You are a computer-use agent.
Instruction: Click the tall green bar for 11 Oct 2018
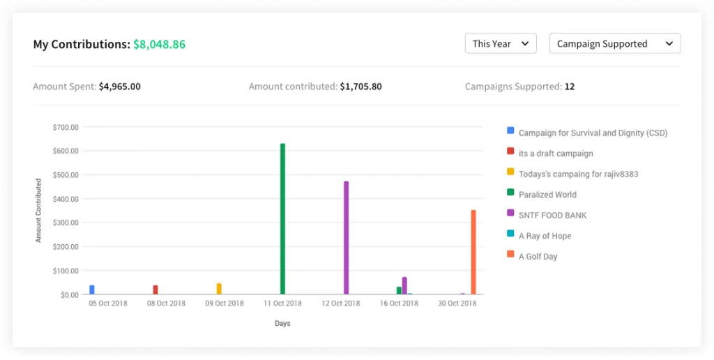(282, 219)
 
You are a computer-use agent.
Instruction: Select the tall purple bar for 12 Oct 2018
(346, 238)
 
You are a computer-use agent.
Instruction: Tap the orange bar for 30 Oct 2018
(473, 253)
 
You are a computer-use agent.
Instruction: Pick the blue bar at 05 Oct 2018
(92, 290)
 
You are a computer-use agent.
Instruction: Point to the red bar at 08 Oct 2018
(155, 290)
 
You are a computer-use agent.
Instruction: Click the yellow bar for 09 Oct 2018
(219, 289)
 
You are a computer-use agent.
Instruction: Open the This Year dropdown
(501, 43)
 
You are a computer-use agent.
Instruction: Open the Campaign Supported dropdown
(614, 43)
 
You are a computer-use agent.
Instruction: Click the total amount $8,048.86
(159, 44)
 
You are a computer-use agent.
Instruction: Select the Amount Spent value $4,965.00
(119, 87)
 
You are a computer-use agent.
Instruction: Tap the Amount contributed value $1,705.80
(360, 87)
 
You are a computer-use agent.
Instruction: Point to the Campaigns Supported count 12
(570, 87)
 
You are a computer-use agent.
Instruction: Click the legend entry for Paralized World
(547, 195)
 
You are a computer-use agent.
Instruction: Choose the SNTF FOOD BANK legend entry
(552, 215)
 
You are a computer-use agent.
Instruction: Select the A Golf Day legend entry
(538, 256)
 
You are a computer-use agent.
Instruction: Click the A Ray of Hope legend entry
(545, 236)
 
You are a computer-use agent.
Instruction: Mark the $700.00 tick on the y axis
(65, 127)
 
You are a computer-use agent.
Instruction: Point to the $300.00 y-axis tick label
(65, 223)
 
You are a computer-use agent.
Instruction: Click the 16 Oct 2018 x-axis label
(399, 303)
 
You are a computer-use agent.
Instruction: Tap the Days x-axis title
(282, 323)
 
